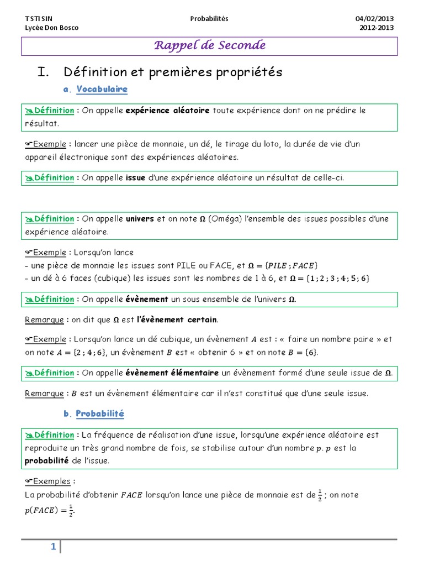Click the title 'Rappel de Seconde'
(209, 45)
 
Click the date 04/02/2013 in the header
(374, 19)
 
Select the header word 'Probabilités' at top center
(209, 19)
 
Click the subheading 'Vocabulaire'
(102, 89)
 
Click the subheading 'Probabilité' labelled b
(100, 413)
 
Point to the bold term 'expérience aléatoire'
(168, 111)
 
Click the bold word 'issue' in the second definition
(136, 178)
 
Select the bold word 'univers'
(140, 219)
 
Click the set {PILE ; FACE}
(293, 265)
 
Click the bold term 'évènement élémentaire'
(172, 373)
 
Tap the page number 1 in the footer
(53, 547)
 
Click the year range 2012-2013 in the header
(377, 28)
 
